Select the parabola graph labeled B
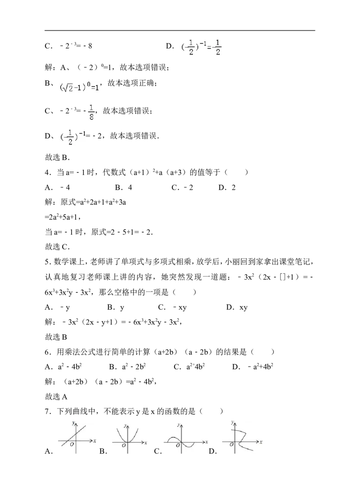(x=128, y=438)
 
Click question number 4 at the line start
(x=48, y=172)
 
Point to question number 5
(x=48, y=262)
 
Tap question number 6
(x=48, y=352)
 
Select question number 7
(x=48, y=411)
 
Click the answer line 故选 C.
(x=57, y=247)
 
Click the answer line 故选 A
(x=57, y=396)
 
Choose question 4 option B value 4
(x=124, y=188)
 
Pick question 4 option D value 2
(x=227, y=188)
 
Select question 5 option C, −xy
(x=172, y=307)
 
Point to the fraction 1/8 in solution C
(x=91, y=112)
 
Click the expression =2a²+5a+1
(x=63, y=217)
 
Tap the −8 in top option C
(x=88, y=46)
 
